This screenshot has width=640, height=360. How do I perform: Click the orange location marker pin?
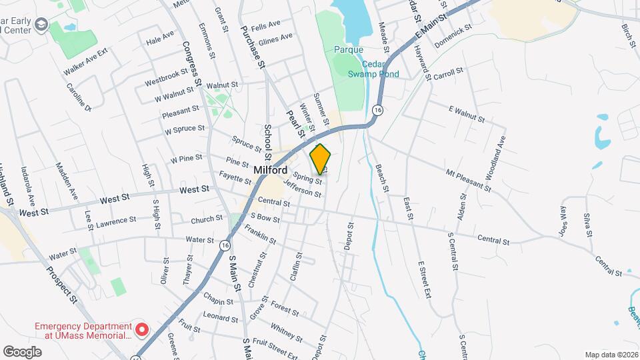321,159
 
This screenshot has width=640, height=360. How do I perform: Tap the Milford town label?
271,170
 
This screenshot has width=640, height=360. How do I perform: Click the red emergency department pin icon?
141,329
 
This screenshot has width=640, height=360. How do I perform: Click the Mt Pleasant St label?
468,179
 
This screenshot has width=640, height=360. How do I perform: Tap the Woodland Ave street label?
500,154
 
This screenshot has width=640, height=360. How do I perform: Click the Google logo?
22,351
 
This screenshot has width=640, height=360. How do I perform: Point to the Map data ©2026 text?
611,355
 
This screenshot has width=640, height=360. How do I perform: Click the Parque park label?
349,49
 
